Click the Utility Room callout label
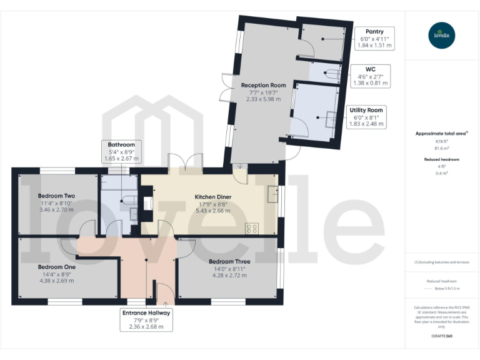tap(367, 117)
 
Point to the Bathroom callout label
tap(121, 152)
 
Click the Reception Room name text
tap(263, 85)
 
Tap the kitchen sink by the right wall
tap(272, 195)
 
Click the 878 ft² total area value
tap(442, 142)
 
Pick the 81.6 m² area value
tap(442, 149)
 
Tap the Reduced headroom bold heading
tap(442, 159)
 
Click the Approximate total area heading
tap(441, 133)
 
